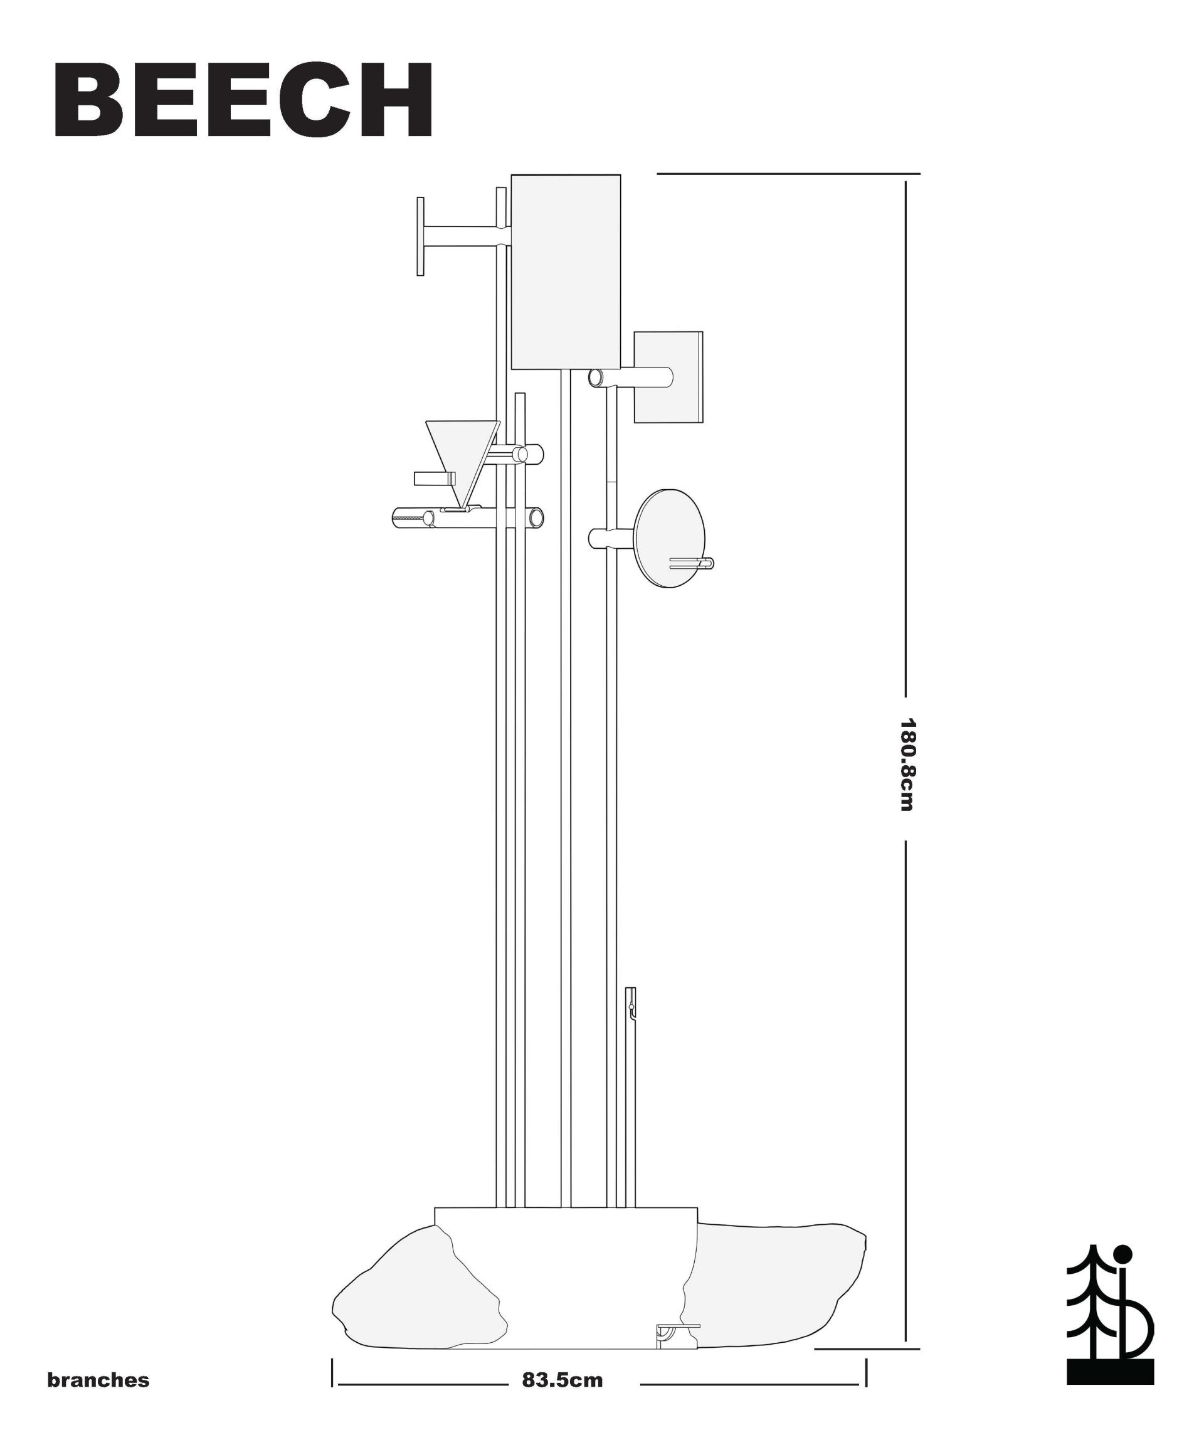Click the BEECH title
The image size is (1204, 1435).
click(x=243, y=100)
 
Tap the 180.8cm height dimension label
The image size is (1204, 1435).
click(x=907, y=765)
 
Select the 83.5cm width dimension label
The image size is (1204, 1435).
click(x=562, y=1380)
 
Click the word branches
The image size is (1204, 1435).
click(x=98, y=1380)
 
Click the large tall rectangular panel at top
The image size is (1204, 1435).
click(x=566, y=272)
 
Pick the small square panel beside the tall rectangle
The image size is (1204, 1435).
click(x=668, y=377)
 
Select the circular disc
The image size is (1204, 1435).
click(x=670, y=539)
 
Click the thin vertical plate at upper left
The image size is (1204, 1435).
click(x=420, y=236)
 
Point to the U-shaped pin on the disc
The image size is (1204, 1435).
click(x=692, y=564)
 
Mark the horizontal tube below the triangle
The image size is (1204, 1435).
click(x=468, y=518)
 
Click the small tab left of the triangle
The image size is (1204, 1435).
click(x=434, y=479)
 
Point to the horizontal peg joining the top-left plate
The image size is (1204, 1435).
click(x=467, y=236)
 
